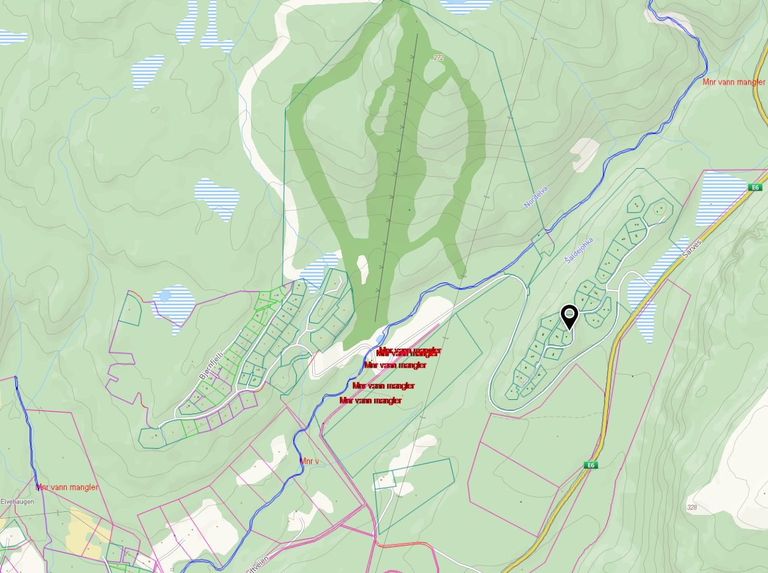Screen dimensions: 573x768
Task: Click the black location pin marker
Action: [x=569, y=316]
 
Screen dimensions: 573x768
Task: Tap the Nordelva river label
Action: [x=535, y=197]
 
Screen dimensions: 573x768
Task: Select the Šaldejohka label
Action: [x=579, y=250]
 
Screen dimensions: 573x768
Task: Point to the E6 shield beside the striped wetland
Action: [x=754, y=187]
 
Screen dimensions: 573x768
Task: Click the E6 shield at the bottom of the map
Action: [x=591, y=465]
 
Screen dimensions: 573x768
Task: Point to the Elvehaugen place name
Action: [x=17, y=502]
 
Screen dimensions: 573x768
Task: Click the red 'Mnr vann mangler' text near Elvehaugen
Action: [x=67, y=487]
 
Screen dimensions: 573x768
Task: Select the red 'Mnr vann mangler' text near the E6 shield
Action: [x=734, y=82]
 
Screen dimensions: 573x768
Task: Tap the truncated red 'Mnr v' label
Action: [x=309, y=461]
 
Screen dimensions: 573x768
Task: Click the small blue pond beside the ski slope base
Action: [x=379, y=339]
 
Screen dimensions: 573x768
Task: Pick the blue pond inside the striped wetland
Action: [x=164, y=295]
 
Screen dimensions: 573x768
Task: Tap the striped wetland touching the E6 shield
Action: [x=720, y=198]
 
